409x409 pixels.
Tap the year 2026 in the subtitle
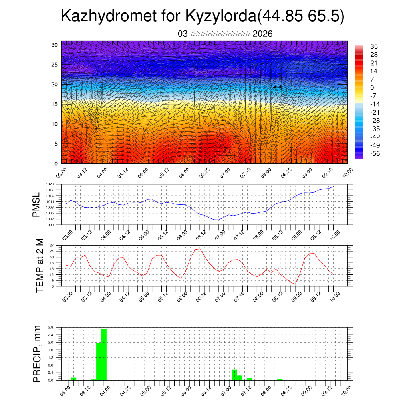coord(262,34)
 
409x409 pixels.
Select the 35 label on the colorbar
coord(374,46)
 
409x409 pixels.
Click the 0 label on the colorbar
coord(372,87)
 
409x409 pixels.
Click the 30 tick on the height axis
coord(55,45)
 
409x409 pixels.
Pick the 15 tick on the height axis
coord(55,104)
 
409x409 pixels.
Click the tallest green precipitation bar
coord(104,354)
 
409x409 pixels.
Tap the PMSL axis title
coord(37,204)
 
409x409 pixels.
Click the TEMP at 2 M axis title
coord(40,265)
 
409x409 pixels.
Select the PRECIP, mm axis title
coord(37,353)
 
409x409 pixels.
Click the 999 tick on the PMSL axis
coord(52,225)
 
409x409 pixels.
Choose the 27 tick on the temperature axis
coord(52,245)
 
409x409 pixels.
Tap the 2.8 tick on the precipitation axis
coord(51,327)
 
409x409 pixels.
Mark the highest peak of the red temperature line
coord(199,249)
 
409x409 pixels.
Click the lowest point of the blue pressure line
coord(216,220)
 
